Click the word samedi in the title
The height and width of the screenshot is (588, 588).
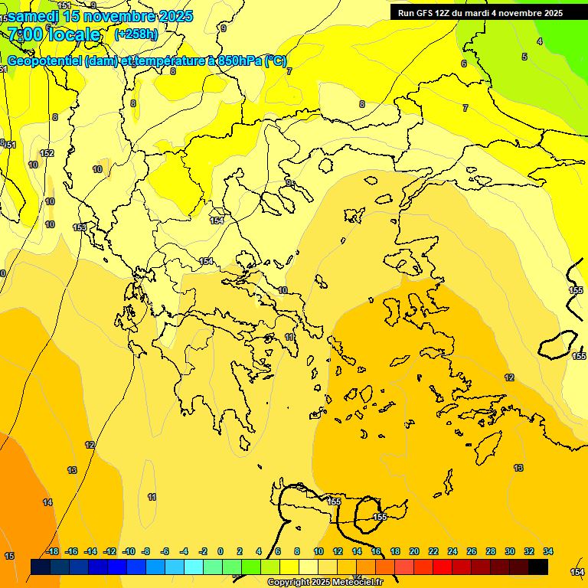(x=38, y=15)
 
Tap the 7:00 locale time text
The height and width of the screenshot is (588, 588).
(x=54, y=34)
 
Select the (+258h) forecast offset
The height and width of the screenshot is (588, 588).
(x=136, y=34)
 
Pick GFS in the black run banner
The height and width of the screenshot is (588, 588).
(x=423, y=13)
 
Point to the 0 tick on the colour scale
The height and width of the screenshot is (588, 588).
(x=220, y=551)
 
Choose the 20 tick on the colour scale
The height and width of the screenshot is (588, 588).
(x=414, y=551)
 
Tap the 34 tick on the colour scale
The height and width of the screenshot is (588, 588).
(x=548, y=551)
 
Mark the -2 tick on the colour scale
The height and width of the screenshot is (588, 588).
(x=202, y=551)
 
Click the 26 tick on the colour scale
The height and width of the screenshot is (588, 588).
(x=472, y=551)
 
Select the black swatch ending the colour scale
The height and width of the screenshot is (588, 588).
(x=538, y=567)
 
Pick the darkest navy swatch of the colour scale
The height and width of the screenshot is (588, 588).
(x=41, y=567)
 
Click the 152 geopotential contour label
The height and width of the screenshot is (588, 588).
(x=47, y=153)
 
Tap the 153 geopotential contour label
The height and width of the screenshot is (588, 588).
(x=80, y=227)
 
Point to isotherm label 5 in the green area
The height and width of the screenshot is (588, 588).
(x=524, y=57)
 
